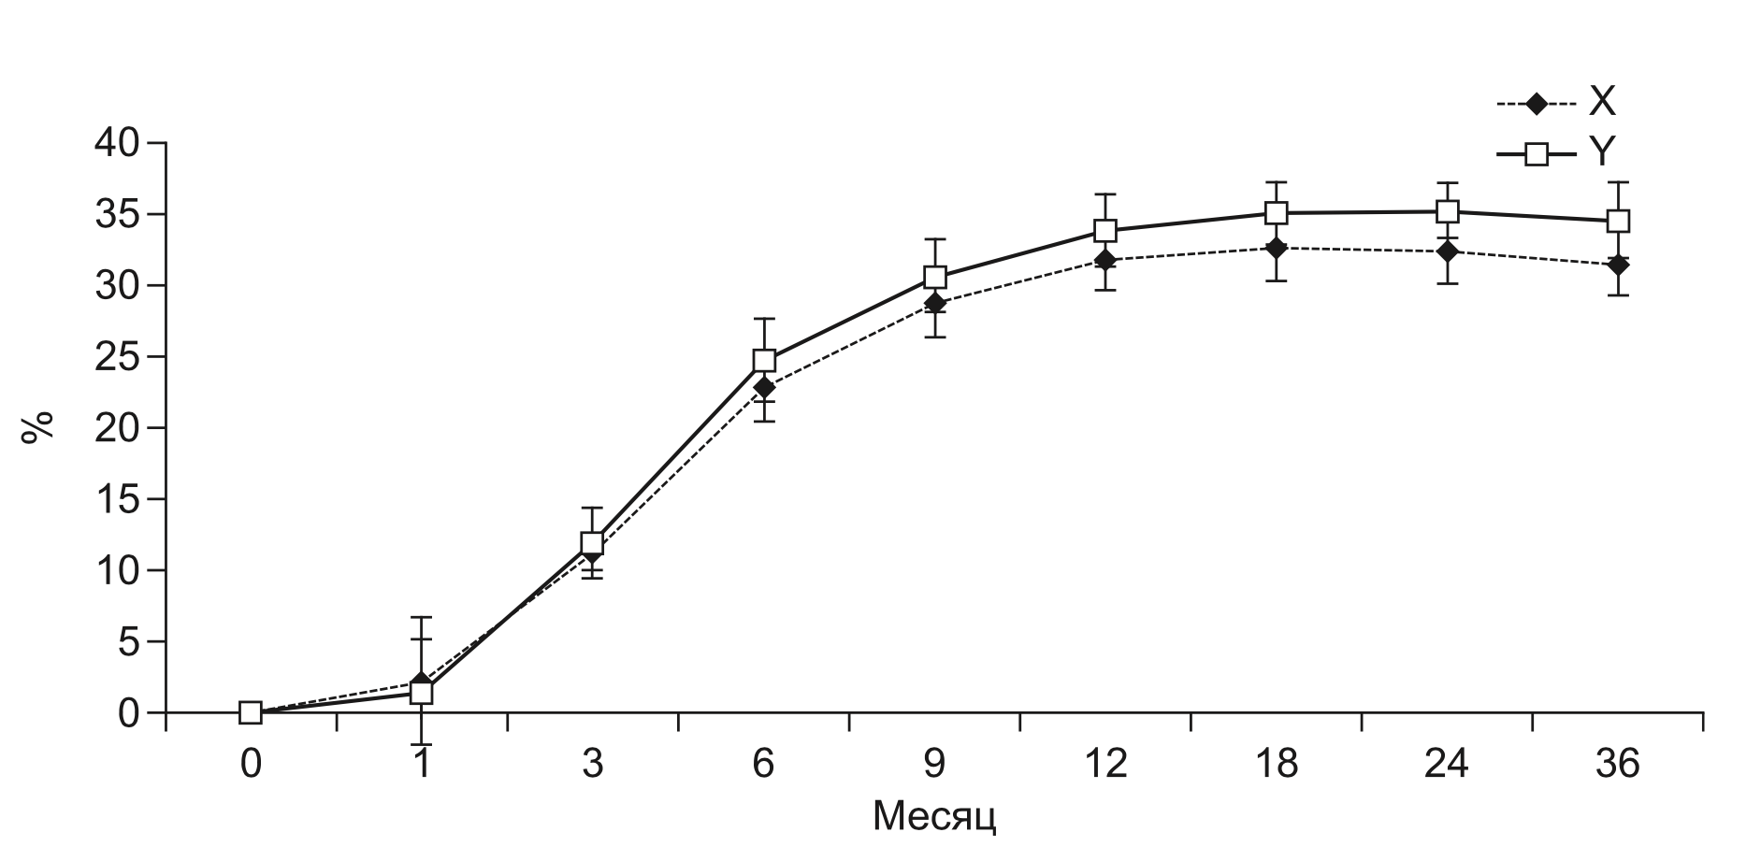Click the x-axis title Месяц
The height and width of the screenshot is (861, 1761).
[934, 816]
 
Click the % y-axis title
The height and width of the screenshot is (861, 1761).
[39, 428]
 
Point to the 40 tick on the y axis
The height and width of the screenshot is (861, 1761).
[129, 143]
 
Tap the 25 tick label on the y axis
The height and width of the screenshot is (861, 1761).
[129, 357]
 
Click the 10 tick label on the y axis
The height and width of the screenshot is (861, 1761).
[129, 570]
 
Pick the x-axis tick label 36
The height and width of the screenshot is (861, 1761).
[1618, 766]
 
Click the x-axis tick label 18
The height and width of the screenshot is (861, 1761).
[1277, 766]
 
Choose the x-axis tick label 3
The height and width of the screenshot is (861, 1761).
[592, 766]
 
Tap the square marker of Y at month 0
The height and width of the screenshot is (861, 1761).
[250, 712]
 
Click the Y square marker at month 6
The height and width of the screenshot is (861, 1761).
[764, 360]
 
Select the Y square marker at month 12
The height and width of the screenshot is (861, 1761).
[1105, 230]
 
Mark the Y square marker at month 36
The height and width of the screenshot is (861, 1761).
[1618, 222]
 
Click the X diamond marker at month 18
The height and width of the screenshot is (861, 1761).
[1277, 248]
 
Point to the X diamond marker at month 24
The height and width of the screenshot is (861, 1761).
[1448, 251]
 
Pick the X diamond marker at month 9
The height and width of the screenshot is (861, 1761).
[934, 303]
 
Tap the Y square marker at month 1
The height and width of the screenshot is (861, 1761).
[422, 693]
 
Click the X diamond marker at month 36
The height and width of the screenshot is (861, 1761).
[1618, 265]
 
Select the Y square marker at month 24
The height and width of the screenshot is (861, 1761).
[1448, 211]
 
